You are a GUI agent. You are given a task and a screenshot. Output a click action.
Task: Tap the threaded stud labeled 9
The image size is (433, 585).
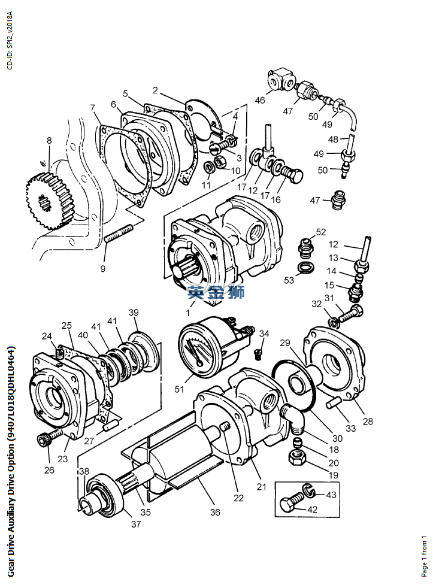pos(119,234)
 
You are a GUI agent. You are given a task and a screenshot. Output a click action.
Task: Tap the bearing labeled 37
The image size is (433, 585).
pos(103,495)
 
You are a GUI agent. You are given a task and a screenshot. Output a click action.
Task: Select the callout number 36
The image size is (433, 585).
pos(215,512)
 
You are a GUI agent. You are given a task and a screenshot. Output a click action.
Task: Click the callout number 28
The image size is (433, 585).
pos(368,421)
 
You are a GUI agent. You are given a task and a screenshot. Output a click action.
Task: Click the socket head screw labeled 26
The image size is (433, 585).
pos(50,437)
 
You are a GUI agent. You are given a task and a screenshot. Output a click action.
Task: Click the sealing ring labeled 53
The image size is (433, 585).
pos(305,268)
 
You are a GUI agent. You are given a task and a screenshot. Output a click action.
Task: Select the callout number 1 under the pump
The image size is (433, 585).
pos(188,313)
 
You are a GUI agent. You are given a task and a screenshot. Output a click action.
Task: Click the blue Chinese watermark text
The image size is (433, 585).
pos(216,292)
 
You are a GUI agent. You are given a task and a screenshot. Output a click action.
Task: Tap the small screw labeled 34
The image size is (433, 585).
pos(257,353)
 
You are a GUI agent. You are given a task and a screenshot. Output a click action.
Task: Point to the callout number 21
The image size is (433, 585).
pos(261,487)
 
